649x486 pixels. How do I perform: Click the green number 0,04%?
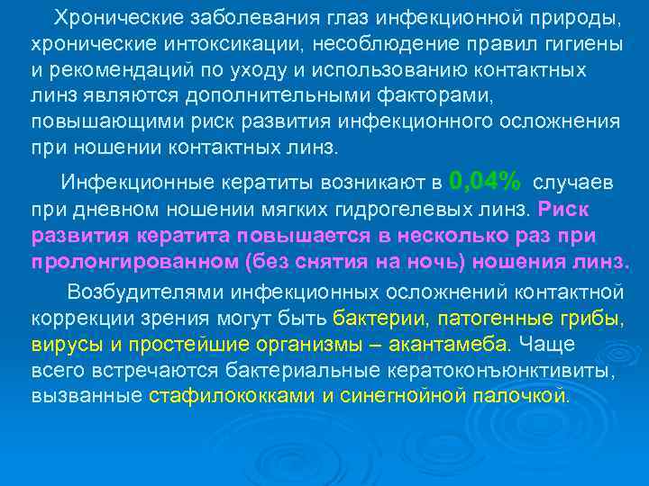(x=484, y=182)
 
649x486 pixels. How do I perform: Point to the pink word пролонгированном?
(x=134, y=262)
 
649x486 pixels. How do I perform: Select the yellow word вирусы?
(x=63, y=344)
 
